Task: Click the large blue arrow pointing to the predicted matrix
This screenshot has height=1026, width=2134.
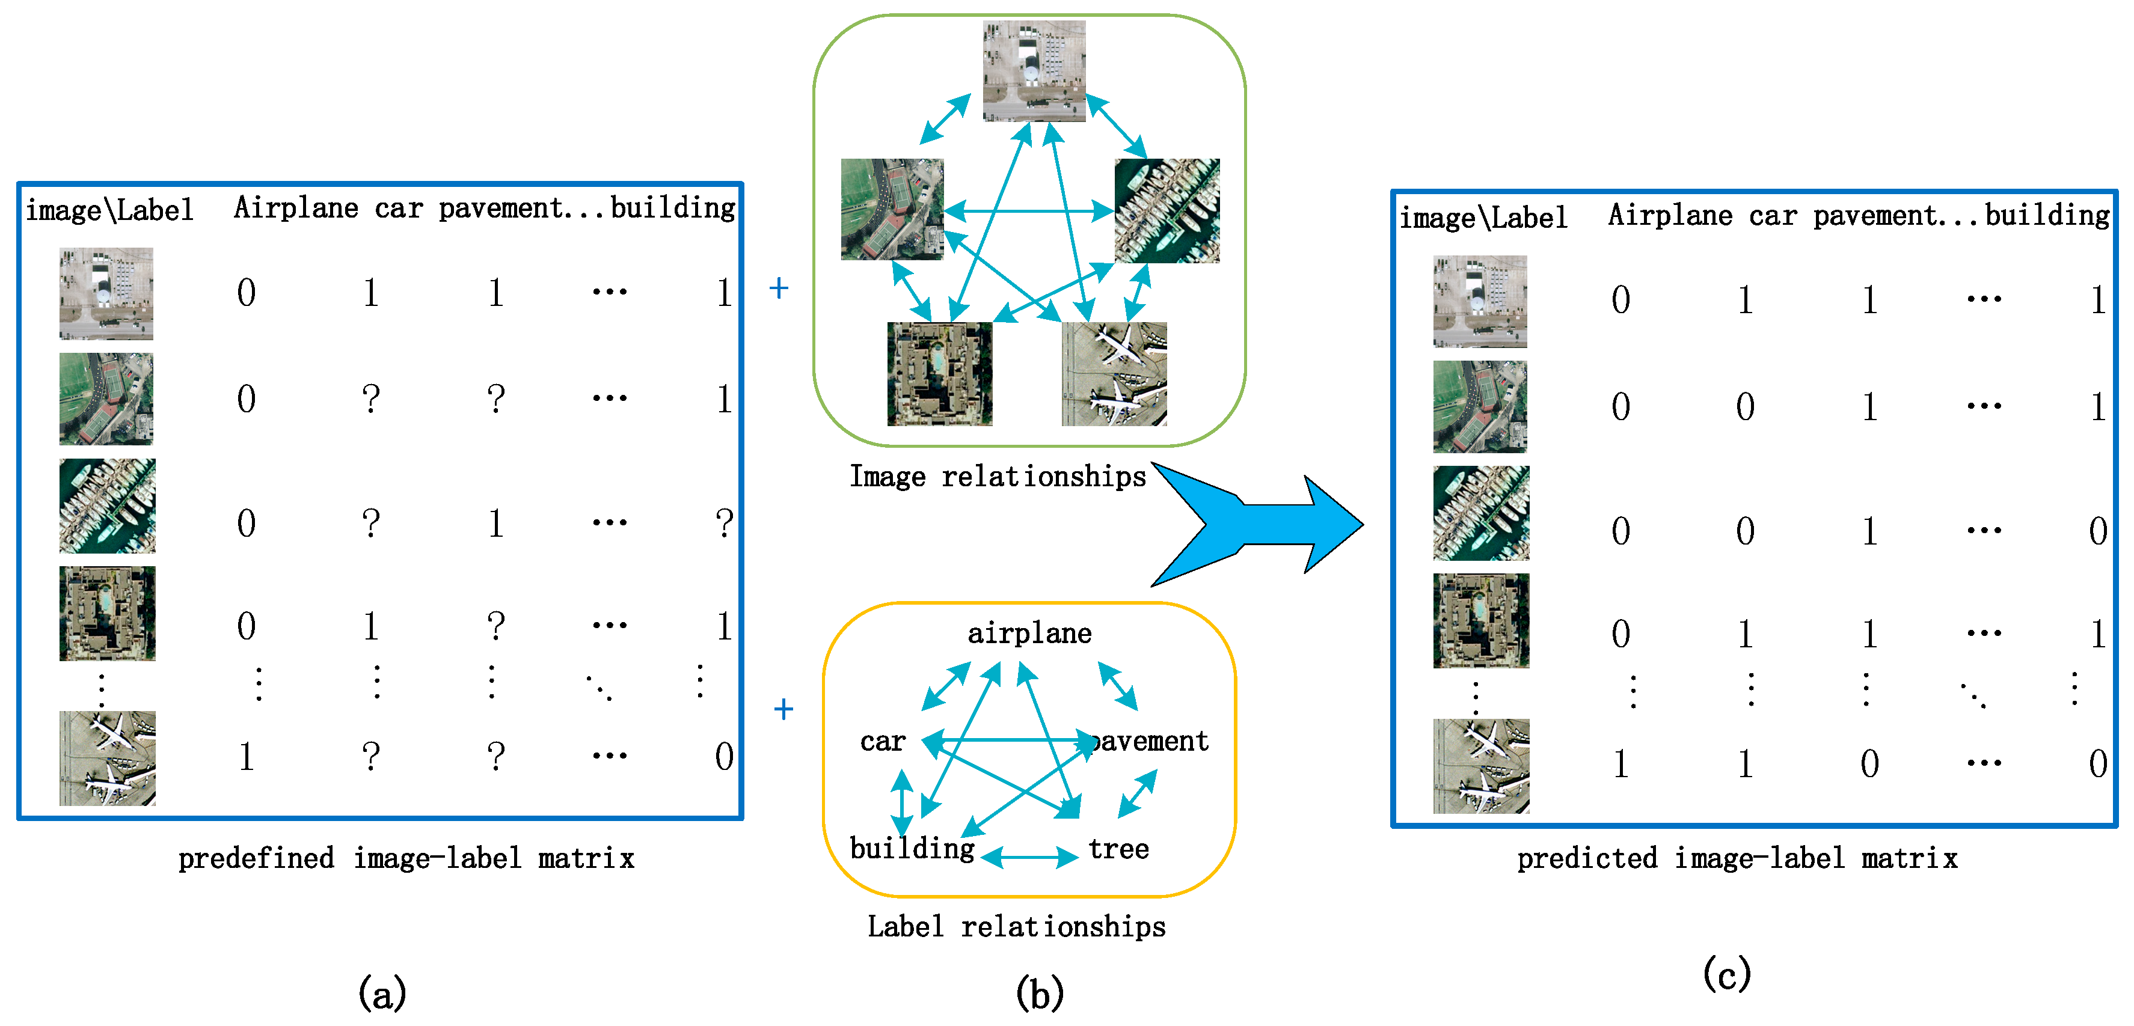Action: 1268,524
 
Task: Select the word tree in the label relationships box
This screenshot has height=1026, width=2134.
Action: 1118,849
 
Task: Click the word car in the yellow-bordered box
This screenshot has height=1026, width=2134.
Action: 882,741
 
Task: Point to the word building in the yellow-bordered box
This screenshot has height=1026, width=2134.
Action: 911,849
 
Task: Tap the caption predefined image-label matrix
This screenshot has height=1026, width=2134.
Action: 406,858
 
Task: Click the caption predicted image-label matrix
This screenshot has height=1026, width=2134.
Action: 1737,858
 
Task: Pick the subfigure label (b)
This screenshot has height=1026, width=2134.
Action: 1039,993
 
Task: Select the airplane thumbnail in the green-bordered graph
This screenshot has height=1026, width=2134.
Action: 1114,374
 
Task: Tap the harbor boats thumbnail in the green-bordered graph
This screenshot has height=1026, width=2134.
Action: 1167,210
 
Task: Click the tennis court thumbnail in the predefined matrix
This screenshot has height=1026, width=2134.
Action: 106,398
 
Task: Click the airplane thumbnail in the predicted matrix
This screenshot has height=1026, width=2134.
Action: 1481,766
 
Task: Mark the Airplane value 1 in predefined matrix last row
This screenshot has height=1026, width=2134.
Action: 246,757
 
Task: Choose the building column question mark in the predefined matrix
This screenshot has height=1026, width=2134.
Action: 724,524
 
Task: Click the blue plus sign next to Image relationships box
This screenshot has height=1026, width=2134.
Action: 778,288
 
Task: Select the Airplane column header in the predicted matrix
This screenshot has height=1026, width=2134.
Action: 1669,215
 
